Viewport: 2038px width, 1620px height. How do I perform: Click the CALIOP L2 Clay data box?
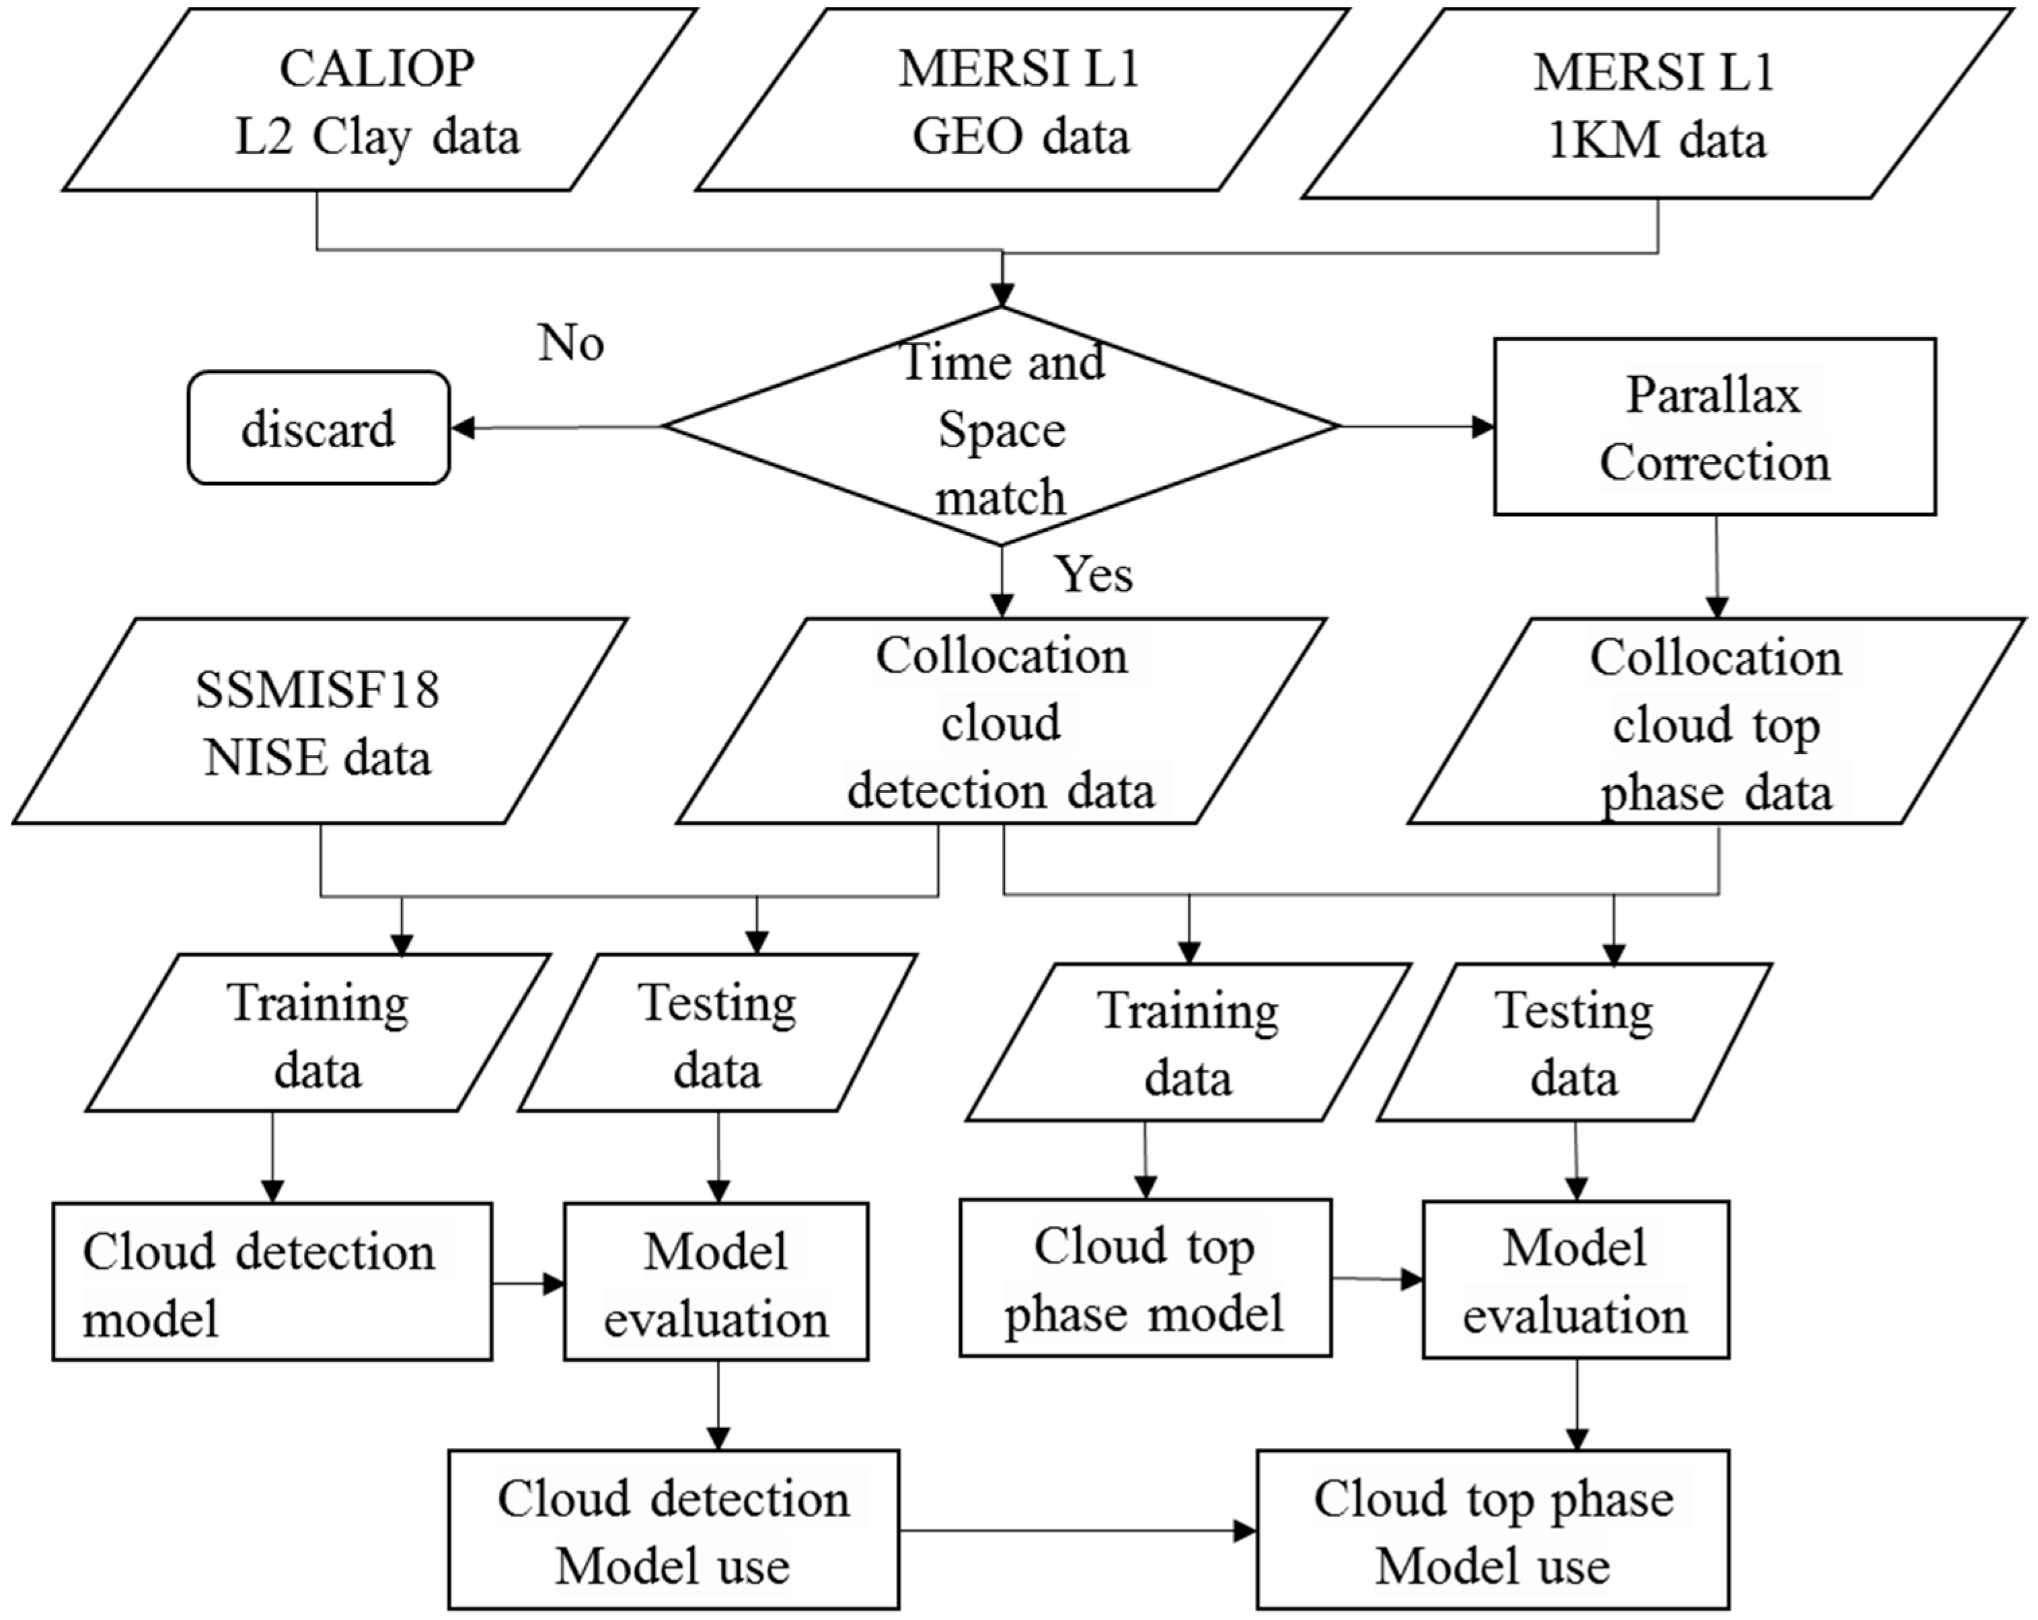[x=378, y=100]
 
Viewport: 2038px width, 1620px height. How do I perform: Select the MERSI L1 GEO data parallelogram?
[x=1021, y=100]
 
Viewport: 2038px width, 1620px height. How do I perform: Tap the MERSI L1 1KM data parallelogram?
[x=1656, y=104]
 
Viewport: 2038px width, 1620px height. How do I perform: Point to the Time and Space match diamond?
[x=1001, y=427]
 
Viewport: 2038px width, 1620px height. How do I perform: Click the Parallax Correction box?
[x=1714, y=427]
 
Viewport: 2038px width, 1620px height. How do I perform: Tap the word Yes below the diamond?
[x=1094, y=574]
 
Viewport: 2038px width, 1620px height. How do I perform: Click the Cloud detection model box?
[x=272, y=1282]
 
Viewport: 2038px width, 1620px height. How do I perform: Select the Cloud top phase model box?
[x=1145, y=1278]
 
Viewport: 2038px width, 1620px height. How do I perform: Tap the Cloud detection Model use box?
[x=673, y=1530]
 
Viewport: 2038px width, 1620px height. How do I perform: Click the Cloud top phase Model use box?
[x=1493, y=1530]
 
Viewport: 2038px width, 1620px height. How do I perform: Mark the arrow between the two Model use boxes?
[x=1078, y=1530]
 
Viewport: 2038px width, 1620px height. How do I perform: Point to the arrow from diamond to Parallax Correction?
[x=1416, y=426]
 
